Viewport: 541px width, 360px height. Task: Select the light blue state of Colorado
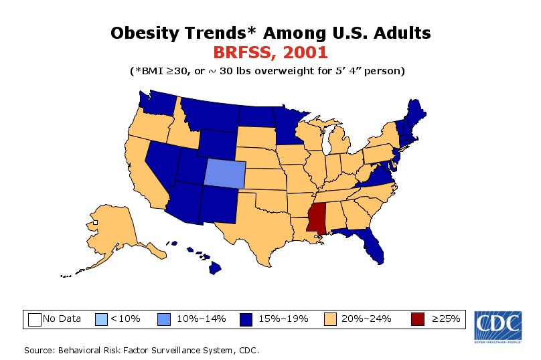[x=224, y=173]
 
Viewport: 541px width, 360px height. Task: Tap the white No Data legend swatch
[x=35, y=319]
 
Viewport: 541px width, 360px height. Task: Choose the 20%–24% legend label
[x=364, y=319]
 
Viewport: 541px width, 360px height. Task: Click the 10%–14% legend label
[x=201, y=319]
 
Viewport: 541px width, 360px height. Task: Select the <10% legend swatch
[x=102, y=319]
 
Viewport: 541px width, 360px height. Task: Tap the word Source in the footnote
[x=40, y=350]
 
